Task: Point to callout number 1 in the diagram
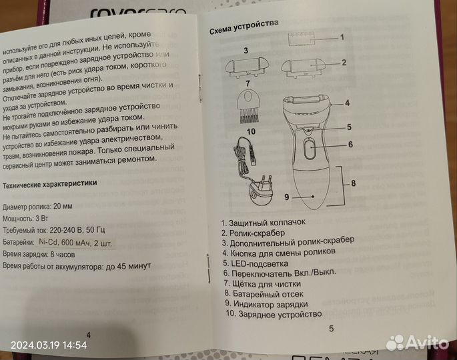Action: tap(342, 37)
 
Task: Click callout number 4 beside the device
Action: tap(348, 103)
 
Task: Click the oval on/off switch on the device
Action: tap(310, 147)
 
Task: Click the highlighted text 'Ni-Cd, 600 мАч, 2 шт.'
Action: tap(78, 242)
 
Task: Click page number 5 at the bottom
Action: tap(331, 328)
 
